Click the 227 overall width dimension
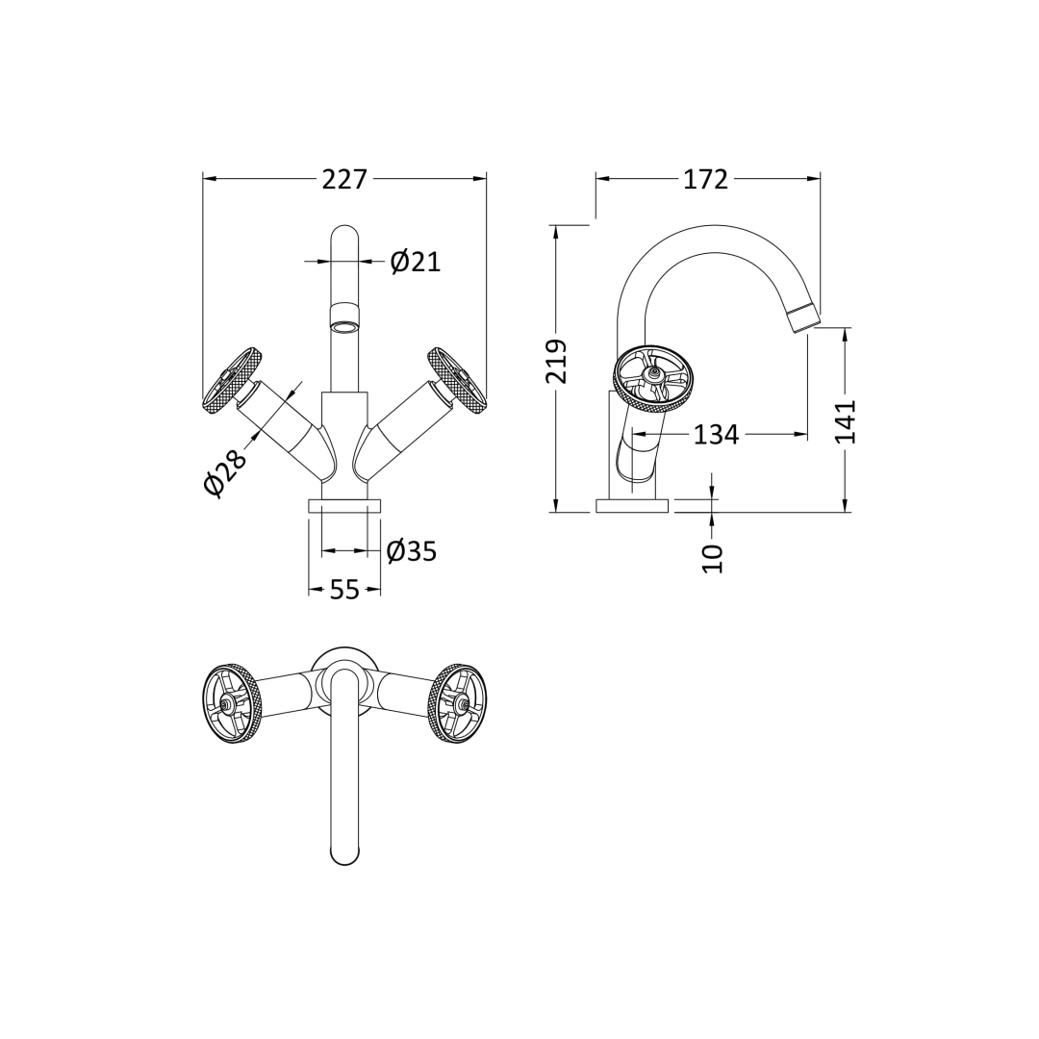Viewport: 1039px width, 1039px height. (x=344, y=180)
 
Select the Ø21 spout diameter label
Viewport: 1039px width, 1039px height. (x=416, y=262)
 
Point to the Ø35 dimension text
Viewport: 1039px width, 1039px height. (x=412, y=552)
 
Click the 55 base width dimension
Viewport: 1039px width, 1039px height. (x=344, y=590)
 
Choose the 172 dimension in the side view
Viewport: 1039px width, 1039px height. (x=705, y=180)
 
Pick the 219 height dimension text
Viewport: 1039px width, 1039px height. (x=557, y=362)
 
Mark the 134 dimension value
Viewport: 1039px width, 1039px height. (x=716, y=436)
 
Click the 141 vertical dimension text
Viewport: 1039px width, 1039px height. (x=845, y=421)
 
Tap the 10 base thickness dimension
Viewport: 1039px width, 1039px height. (x=712, y=558)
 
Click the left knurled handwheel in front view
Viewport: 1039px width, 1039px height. (x=232, y=381)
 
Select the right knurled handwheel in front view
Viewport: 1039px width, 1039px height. (x=457, y=381)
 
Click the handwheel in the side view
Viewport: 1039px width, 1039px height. (x=654, y=378)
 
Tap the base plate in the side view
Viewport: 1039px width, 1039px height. (x=631, y=506)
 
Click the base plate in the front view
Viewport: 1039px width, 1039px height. (x=344, y=506)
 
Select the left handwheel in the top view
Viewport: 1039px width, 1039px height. (x=231, y=703)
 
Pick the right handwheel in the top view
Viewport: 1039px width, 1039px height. (x=457, y=703)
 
